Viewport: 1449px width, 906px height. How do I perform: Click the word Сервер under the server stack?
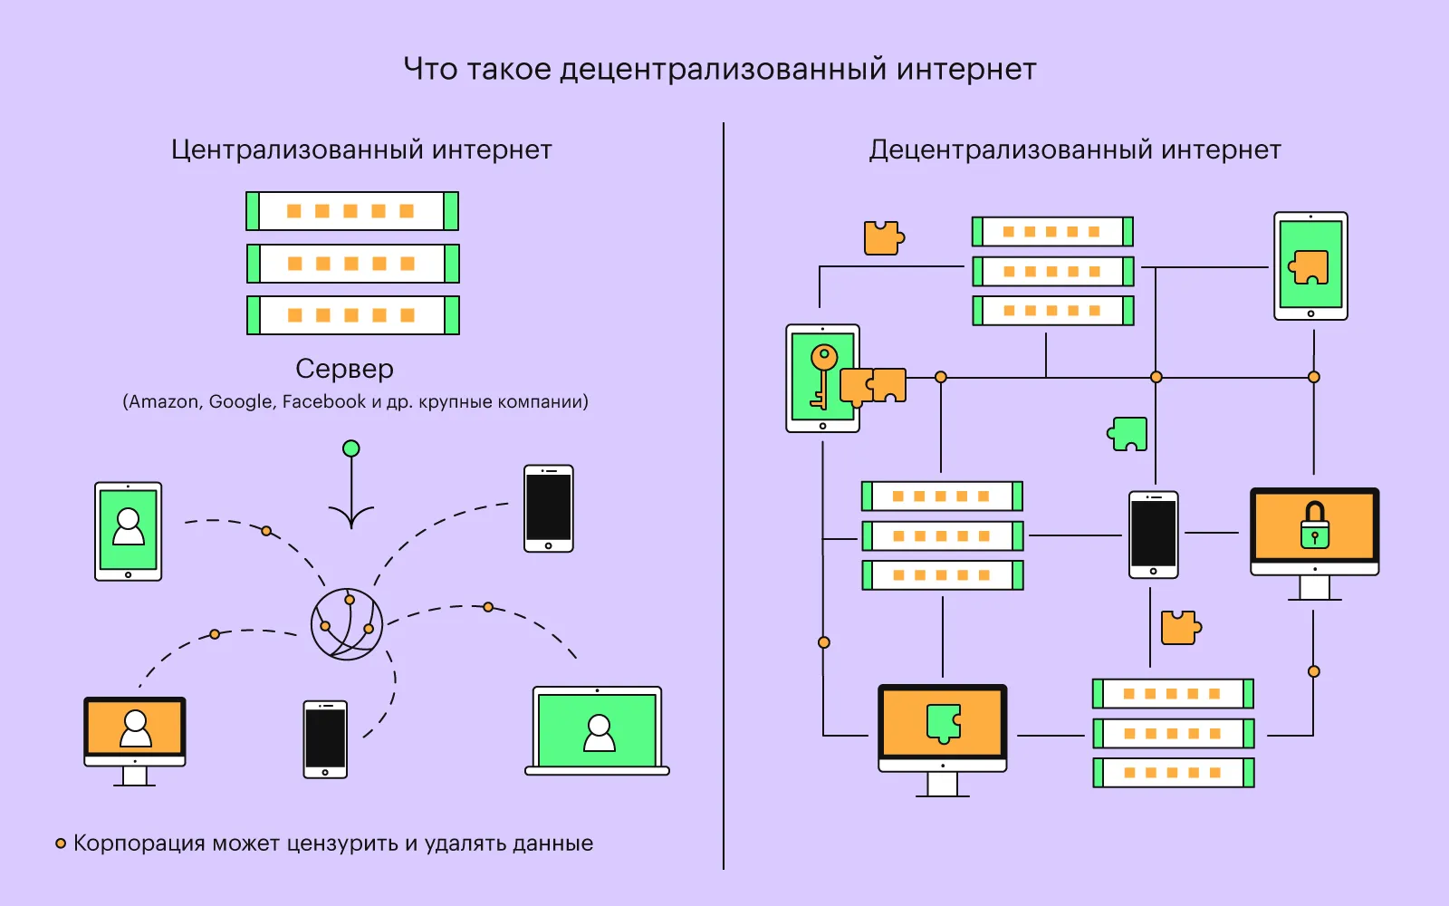click(x=344, y=369)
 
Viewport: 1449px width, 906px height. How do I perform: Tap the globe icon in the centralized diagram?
click(x=347, y=624)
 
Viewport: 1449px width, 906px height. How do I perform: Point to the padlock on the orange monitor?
click(x=1315, y=525)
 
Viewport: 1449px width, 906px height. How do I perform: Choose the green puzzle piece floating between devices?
click(x=1128, y=434)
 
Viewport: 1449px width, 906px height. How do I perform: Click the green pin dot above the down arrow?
click(x=351, y=448)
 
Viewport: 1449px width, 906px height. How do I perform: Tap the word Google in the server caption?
click(x=240, y=401)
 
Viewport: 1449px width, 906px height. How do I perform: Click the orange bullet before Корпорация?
click(x=61, y=843)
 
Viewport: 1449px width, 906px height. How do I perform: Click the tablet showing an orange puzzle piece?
click(x=1310, y=266)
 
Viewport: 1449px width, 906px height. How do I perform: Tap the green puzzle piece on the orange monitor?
click(x=943, y=723)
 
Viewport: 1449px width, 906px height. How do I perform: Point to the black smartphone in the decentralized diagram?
click(x=1153, y=535)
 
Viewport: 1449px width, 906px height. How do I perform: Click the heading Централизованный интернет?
click(x=361, y=149)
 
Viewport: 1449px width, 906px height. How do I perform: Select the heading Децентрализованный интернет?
click(x=1075, y=149)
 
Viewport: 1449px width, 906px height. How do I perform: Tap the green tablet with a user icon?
click(x=129, y=530)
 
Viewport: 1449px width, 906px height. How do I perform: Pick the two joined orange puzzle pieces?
click(x=873, y=385)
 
